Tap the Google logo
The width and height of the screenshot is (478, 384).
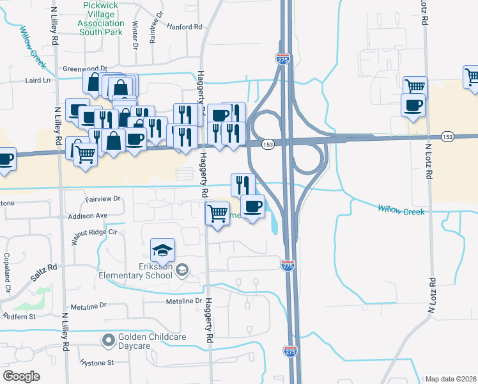21,376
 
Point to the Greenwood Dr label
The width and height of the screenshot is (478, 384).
84,68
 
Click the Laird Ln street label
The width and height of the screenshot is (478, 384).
38,80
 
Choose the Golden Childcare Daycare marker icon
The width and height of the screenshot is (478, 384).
109,339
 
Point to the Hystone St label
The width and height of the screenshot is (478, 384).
97,362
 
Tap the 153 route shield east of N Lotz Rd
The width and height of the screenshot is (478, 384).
448,136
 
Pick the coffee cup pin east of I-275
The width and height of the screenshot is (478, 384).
413,104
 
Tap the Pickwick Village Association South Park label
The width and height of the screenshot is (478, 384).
101,18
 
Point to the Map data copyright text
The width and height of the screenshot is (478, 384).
450,379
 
